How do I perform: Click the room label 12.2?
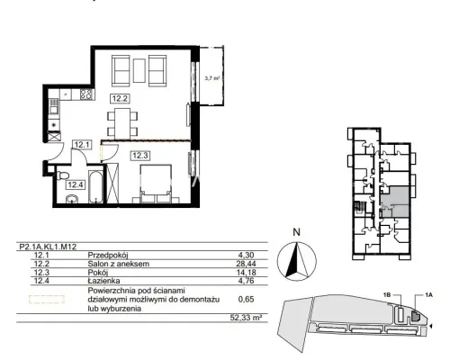[x=120, y=98]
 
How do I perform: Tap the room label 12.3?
[x=140, y=156]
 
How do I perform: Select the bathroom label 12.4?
[x=75, y=184]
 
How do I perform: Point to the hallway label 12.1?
[x=82, y=145]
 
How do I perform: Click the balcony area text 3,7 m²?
[x=212, y=78]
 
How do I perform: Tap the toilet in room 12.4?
[x=62, y=175]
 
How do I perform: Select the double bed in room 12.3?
[x=156, y=184]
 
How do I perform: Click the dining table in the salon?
[x=122, y=123]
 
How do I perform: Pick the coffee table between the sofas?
[x=139, y=70]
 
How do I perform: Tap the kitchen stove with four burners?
[x=86, y=94]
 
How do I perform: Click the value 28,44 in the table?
[x=247, y=264]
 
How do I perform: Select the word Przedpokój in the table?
[x=108, y=256]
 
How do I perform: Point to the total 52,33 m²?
[x=246, y=318]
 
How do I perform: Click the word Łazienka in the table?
[x=103, y=281]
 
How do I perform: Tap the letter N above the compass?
[x=296, y=232]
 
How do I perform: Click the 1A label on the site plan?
[x=428, y=295]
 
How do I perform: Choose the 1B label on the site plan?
[x=387, y=295]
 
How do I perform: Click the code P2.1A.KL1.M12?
[x=48, y=247]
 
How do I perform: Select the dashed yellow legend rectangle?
[x=47, y=299]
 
